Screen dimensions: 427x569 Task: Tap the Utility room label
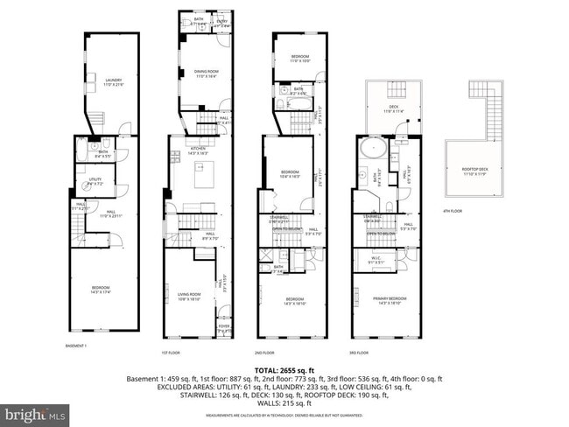[x=95, y=183]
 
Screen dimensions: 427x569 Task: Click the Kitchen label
[x=199, y=150]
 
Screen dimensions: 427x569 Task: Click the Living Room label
[x=190, y=296]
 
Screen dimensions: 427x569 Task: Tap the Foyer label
[x=225, y=330]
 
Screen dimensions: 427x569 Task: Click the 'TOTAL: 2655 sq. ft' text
[x=284, y=370]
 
